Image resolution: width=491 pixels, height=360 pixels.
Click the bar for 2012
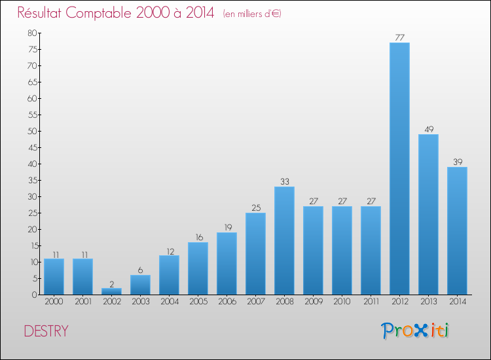click(399, 168)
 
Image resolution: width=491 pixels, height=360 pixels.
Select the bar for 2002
click(111, 291)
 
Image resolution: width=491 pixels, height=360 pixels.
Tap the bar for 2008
click(284, 240)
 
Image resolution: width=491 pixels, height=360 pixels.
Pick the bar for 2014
click(457, 230)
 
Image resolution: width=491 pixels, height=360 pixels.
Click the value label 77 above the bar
click(399, 37)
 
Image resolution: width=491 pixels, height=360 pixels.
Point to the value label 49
click(428, 129)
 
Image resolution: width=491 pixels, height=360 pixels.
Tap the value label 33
click(284, 181)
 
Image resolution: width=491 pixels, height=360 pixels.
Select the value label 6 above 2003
click(140, 270)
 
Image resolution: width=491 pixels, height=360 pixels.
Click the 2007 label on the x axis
click(255, 302)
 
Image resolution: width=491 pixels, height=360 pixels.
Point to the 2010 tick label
click(342, 302)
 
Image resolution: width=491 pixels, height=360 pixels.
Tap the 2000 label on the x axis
click(54, 302)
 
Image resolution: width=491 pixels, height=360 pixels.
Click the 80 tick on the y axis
click(32, 33)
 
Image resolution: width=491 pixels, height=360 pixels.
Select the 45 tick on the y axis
click(32, 147)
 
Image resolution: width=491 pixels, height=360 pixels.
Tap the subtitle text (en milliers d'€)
click(251, 14)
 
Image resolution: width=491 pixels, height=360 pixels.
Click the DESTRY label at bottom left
click(46, 331)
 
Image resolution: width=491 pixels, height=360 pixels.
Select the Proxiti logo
click(416, 331)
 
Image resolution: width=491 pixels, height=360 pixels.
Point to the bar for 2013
click(428, 214)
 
